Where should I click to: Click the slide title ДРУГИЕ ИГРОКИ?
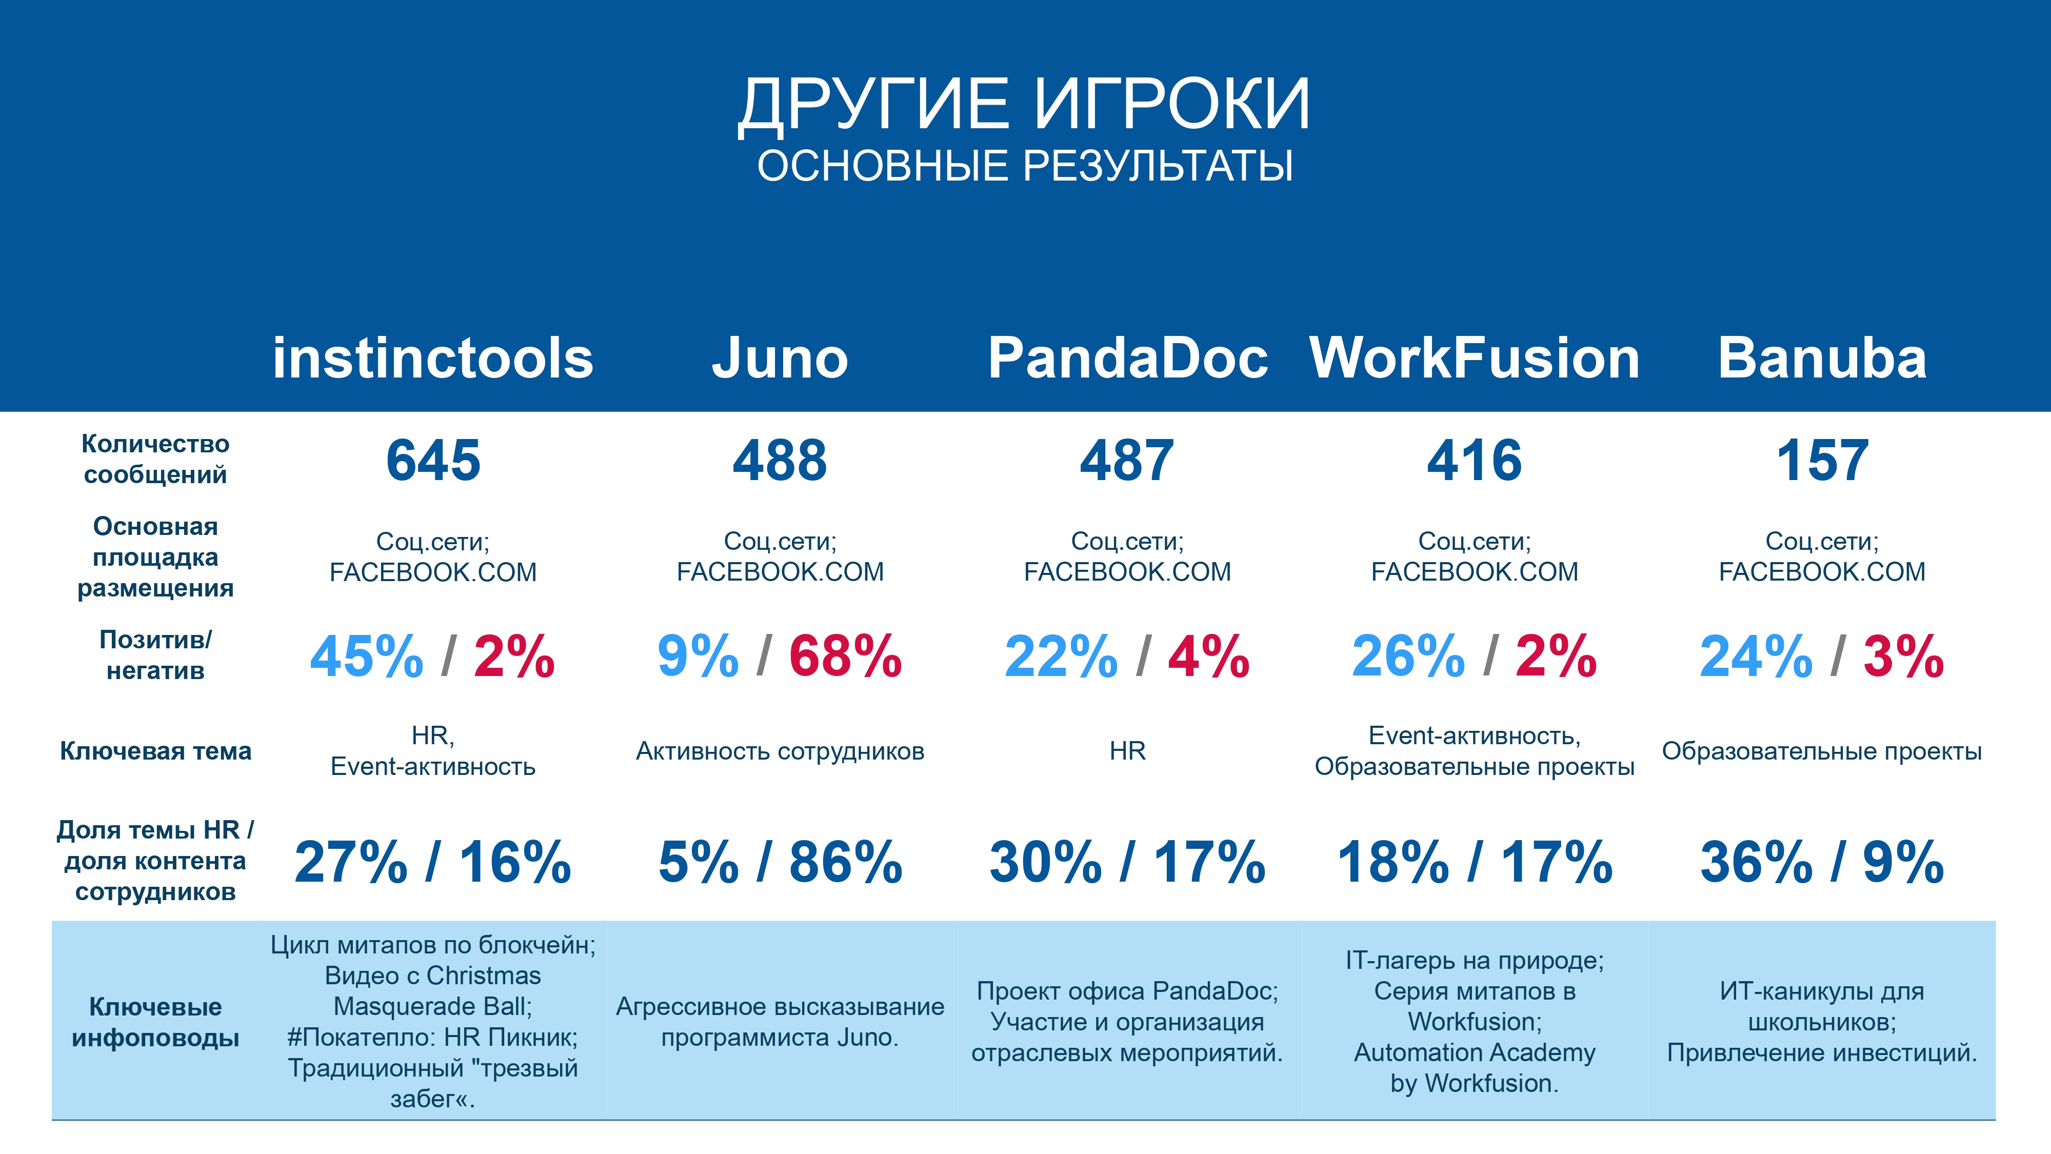point(1025,104)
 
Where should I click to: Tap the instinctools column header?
point(433,357)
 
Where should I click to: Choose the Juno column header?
point(780,357)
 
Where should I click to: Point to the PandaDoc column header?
point(1127,357)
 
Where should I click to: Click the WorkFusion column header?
point(1475,357)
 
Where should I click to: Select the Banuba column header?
point(1822,357)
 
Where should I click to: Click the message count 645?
point(433,461)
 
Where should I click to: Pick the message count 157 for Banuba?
point(1822,461)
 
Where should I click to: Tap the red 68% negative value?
point(846,656)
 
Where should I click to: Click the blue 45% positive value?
point(366,656)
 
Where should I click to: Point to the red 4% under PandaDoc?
point(1209,656)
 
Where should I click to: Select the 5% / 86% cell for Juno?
point(780,862)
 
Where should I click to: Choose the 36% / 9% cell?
point(1822,862)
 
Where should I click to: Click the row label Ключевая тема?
point(155,751)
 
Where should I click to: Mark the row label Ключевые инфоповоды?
point(155,1022)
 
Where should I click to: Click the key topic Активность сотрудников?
point(780,751)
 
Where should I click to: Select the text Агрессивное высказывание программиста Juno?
point(780,1022)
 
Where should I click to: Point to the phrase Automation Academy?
point(1475,1052)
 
